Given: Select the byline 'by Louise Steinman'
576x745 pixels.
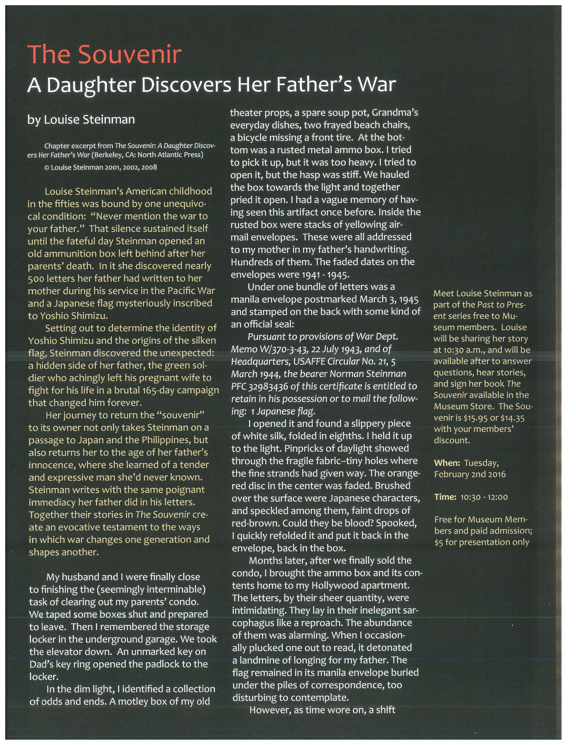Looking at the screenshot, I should pyautogui.click(x=81, y=119).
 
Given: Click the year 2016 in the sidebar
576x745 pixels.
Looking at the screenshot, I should pyautogui.click(x=496, y=475).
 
